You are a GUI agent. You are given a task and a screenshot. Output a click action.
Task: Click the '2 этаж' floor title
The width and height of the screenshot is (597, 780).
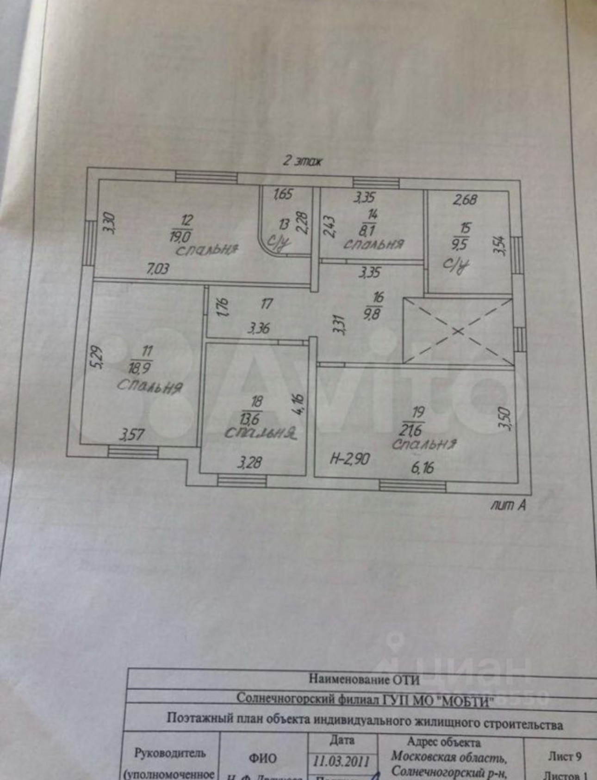click(x=303, y=161)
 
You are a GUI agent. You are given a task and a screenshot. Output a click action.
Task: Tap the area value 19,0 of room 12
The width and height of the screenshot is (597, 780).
click(x=181, y=236)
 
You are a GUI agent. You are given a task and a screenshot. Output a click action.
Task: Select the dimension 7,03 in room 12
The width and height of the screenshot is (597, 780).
click(x=158, y=268)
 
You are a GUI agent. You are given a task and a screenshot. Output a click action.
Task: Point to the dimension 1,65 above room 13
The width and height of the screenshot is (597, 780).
click(x=283, y=194)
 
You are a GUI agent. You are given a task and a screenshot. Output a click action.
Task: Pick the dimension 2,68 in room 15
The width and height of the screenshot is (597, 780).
click(x=465, y=200)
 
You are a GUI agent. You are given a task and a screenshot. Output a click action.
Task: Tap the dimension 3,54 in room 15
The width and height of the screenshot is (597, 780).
click(x=499, y=245)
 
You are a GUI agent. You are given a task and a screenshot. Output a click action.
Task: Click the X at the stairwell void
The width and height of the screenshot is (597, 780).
click(x=457, y=331)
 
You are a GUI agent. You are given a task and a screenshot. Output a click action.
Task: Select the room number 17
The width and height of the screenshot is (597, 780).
click(x=267, y=303)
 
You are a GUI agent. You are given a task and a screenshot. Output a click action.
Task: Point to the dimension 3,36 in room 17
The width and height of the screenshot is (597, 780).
click(x=259, y=329)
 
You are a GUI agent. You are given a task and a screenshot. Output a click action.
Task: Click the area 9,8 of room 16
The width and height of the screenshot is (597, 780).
click(x=374, y=313)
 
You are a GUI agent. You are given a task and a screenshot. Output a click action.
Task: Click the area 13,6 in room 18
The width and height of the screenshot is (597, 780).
click(x=250, y=419)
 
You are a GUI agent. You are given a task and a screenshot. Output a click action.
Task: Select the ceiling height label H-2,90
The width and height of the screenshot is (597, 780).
click(x=349, y=459)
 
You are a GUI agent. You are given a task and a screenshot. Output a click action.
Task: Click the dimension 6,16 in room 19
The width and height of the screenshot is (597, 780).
click(x=422, y=467)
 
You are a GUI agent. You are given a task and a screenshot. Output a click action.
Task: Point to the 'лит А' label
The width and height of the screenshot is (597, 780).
click(x=508, y=505)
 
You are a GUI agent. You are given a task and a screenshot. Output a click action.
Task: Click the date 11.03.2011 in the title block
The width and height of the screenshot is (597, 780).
click(x=341, y=761)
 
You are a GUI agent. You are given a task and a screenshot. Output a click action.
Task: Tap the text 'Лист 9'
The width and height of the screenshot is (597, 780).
click(x=565, y=756)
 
